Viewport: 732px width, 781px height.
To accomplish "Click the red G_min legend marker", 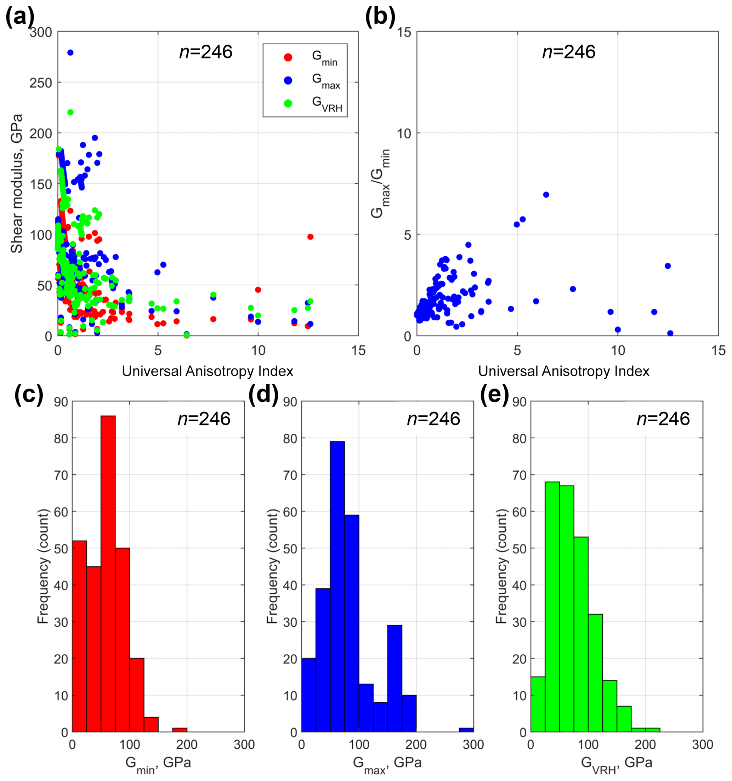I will pyautogui.click(x=288, y=57).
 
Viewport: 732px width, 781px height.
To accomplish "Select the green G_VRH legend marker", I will pyautogui.click(x=288, y=104).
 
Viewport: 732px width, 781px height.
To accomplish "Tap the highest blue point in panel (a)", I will pyautogui.click(x=70, y=53).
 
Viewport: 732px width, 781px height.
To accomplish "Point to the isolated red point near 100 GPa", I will pyautogui.click(x=310, y=236).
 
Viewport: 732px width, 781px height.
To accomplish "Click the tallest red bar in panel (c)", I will pyautogui.click(x=108, y=574).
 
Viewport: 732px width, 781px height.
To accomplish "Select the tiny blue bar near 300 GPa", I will pyautogui.click(x=466, y=730).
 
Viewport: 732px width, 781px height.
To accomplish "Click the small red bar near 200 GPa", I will pyautogui.click(x=180, y=730).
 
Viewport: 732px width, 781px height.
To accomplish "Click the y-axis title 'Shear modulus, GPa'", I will pyautogui.click(x=17, y=183).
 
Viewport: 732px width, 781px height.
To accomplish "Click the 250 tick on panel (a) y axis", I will pyautogui.click(x=41, y=83).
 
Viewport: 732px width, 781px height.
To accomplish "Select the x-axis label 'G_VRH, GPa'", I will pyautogui.click(x=616, y=764).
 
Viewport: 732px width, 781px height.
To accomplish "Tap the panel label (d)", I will pyautogui.click(x=263, y=394).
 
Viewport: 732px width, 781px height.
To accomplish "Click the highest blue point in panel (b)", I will pyautogui.click(x=546, y=195).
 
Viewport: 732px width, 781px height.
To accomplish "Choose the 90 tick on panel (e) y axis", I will pyautogui.click(x=520, y=402).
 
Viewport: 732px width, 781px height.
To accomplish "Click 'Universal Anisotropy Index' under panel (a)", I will pyautogui.click(x=208, y=371).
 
